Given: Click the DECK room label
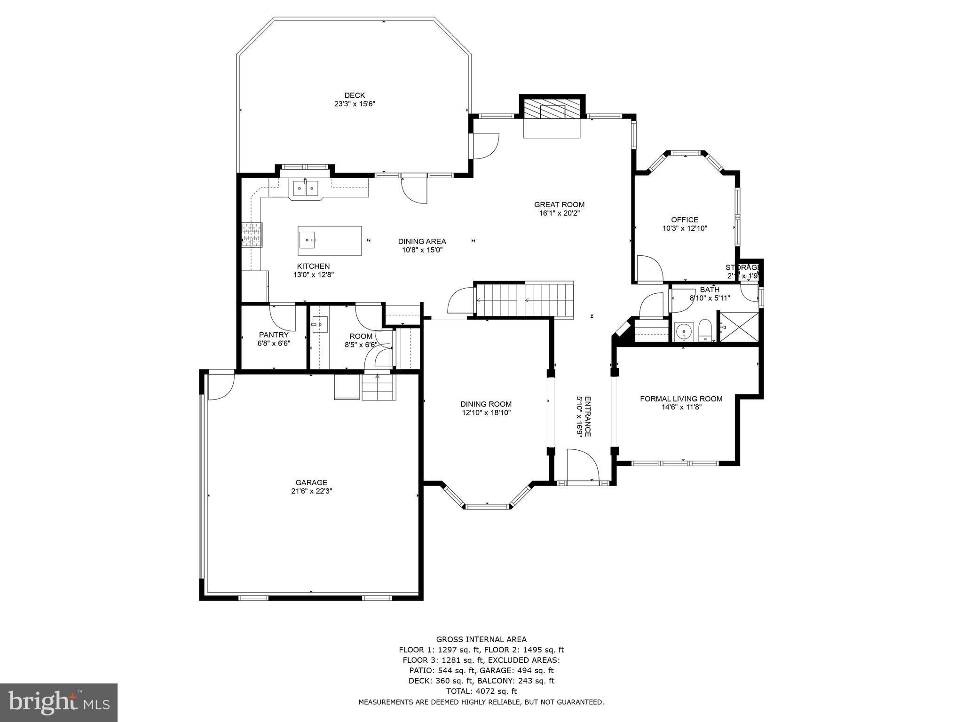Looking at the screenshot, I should (x=354, y=95).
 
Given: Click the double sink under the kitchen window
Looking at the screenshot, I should (x=305, y=188).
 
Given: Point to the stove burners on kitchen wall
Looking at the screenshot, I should (x=252, y=235).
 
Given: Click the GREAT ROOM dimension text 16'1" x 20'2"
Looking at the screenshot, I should (x=559, y=213).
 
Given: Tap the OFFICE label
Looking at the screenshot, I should (x=684, y=220).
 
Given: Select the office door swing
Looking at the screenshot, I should (x=649, y=269).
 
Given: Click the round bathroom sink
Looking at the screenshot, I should (x=683, y=332).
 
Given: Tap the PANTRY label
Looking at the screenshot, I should (x=274, y=335).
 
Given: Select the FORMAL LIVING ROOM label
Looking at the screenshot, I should (x=681, y=399).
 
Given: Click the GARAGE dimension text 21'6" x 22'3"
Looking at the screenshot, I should (x=311, y=491).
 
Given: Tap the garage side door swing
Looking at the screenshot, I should (x=220, y=385).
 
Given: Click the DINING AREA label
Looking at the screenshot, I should (x=422, y=242).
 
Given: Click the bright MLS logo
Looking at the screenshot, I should (x=59, y=702).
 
